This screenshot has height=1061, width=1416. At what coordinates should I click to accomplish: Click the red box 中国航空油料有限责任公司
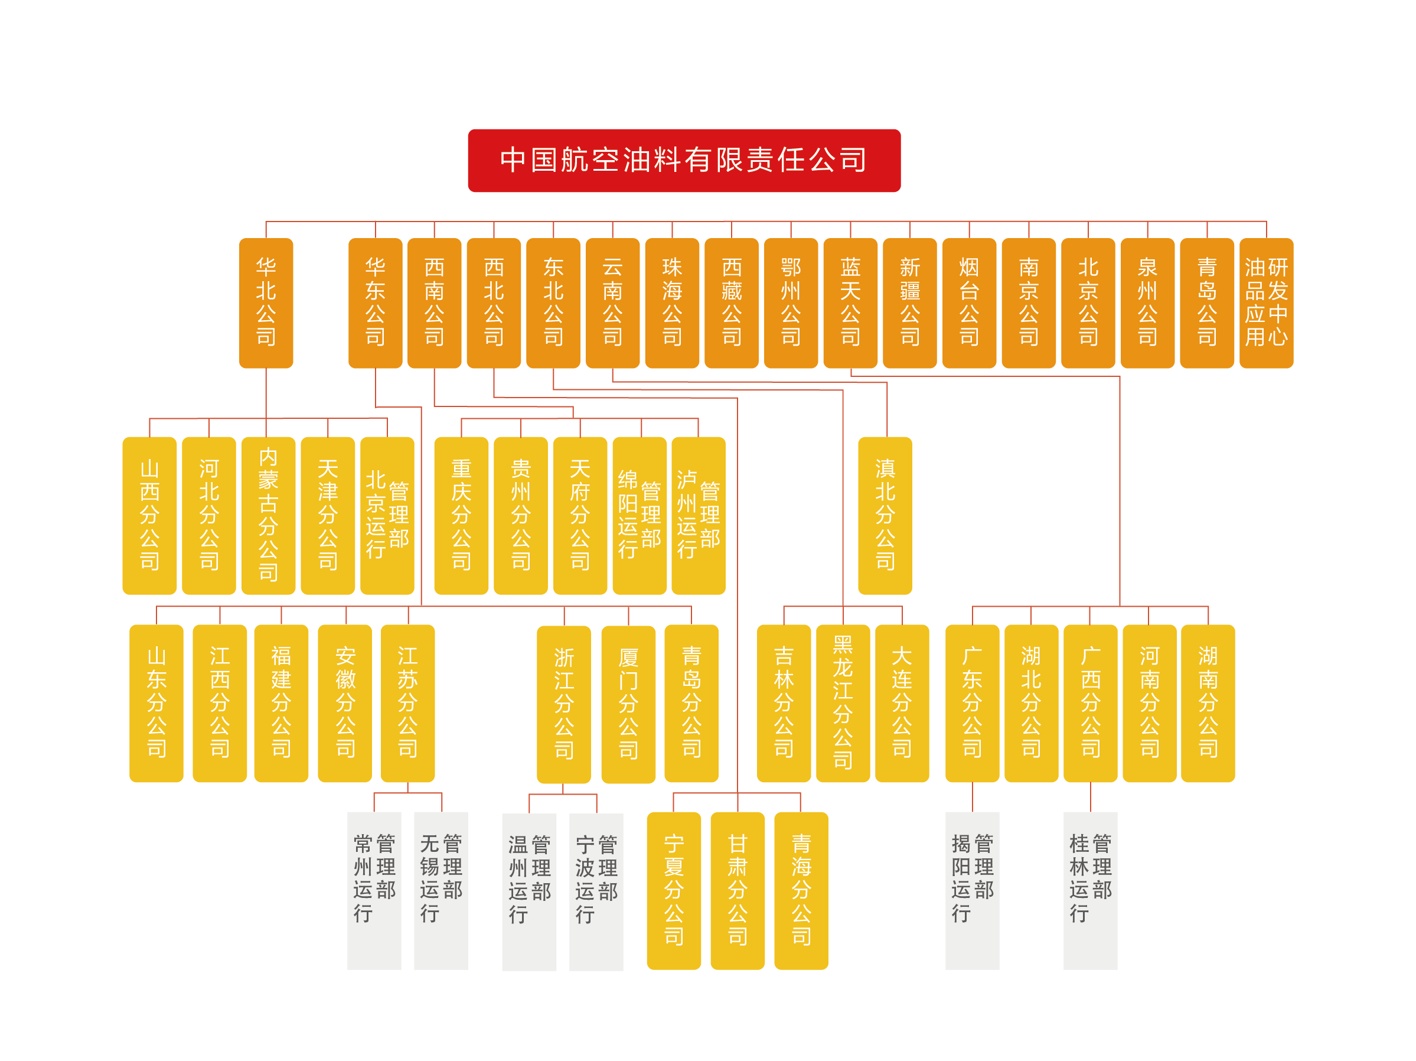click(x=684, y=160)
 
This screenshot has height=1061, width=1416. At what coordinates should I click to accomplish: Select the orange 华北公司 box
click(x=266, y=303)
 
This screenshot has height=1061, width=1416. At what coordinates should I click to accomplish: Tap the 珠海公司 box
click(x=671, y=303)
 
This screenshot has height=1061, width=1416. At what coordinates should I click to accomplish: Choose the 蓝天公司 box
click(x=850, y=303)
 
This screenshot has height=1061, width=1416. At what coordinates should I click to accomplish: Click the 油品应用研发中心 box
click(x=1265, y=303)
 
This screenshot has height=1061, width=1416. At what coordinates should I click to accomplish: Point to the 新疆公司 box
click(x=909, y=303)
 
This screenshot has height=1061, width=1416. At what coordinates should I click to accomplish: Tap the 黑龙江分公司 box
click(x=843, y=702)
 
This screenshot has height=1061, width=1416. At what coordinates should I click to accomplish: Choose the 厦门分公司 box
click(x=628, y=704)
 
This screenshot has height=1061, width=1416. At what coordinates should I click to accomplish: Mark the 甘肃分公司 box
click(x=737, y=890)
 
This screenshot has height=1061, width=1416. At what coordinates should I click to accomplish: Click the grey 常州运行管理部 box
click(x=374, y=890)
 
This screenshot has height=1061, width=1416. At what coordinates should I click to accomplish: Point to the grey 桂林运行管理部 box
click(x=1089, y=890)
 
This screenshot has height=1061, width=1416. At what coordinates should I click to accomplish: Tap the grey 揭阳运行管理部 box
click(x=972, y=890)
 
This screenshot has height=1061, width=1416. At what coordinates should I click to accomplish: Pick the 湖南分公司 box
click(x=1208, y=702)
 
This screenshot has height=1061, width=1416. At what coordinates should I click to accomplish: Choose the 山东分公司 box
click(x=156, y=702)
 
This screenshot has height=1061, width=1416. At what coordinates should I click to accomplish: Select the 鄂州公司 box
click(x=791, y=303)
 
